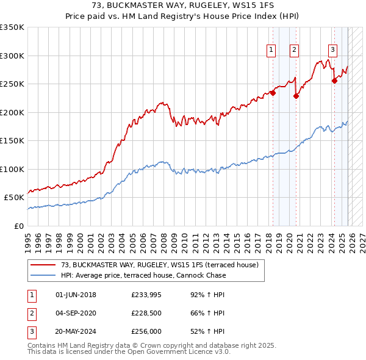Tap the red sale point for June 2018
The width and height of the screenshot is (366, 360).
coord(273,93)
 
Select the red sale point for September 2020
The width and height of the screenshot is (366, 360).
coord(296,96)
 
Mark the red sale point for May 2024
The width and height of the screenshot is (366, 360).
coord(334,81)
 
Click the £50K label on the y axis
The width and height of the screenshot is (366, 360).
coord(14,198)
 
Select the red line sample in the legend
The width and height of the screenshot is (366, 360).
coord(44,265)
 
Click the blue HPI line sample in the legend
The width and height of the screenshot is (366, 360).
coord(44,275)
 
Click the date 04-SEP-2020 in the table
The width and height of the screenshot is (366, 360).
coord(76,314)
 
